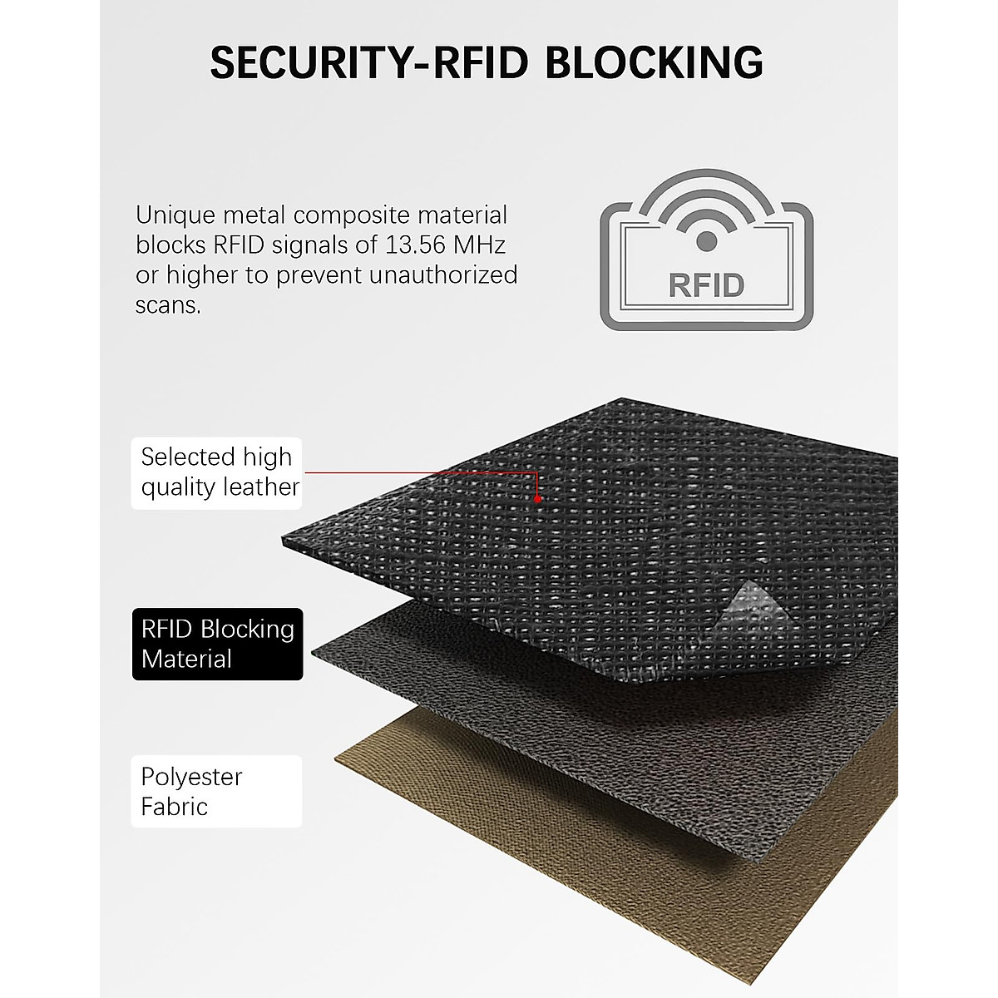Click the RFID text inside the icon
pyautogui.click(x=705, y=284)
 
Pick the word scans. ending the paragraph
pyautogui.click(x=168, y=305)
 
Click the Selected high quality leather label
pyautogui.click(x=217, y=472)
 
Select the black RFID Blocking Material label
pyautogui.click(x=217, y=644)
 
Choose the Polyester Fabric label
pyautogui.click(x=216, y=791)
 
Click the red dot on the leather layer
pyautogui.click(x=538, y=500)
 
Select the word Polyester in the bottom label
pyautogui.click(x=191, y=777)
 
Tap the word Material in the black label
pyautogui.click(x=186, y=659)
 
